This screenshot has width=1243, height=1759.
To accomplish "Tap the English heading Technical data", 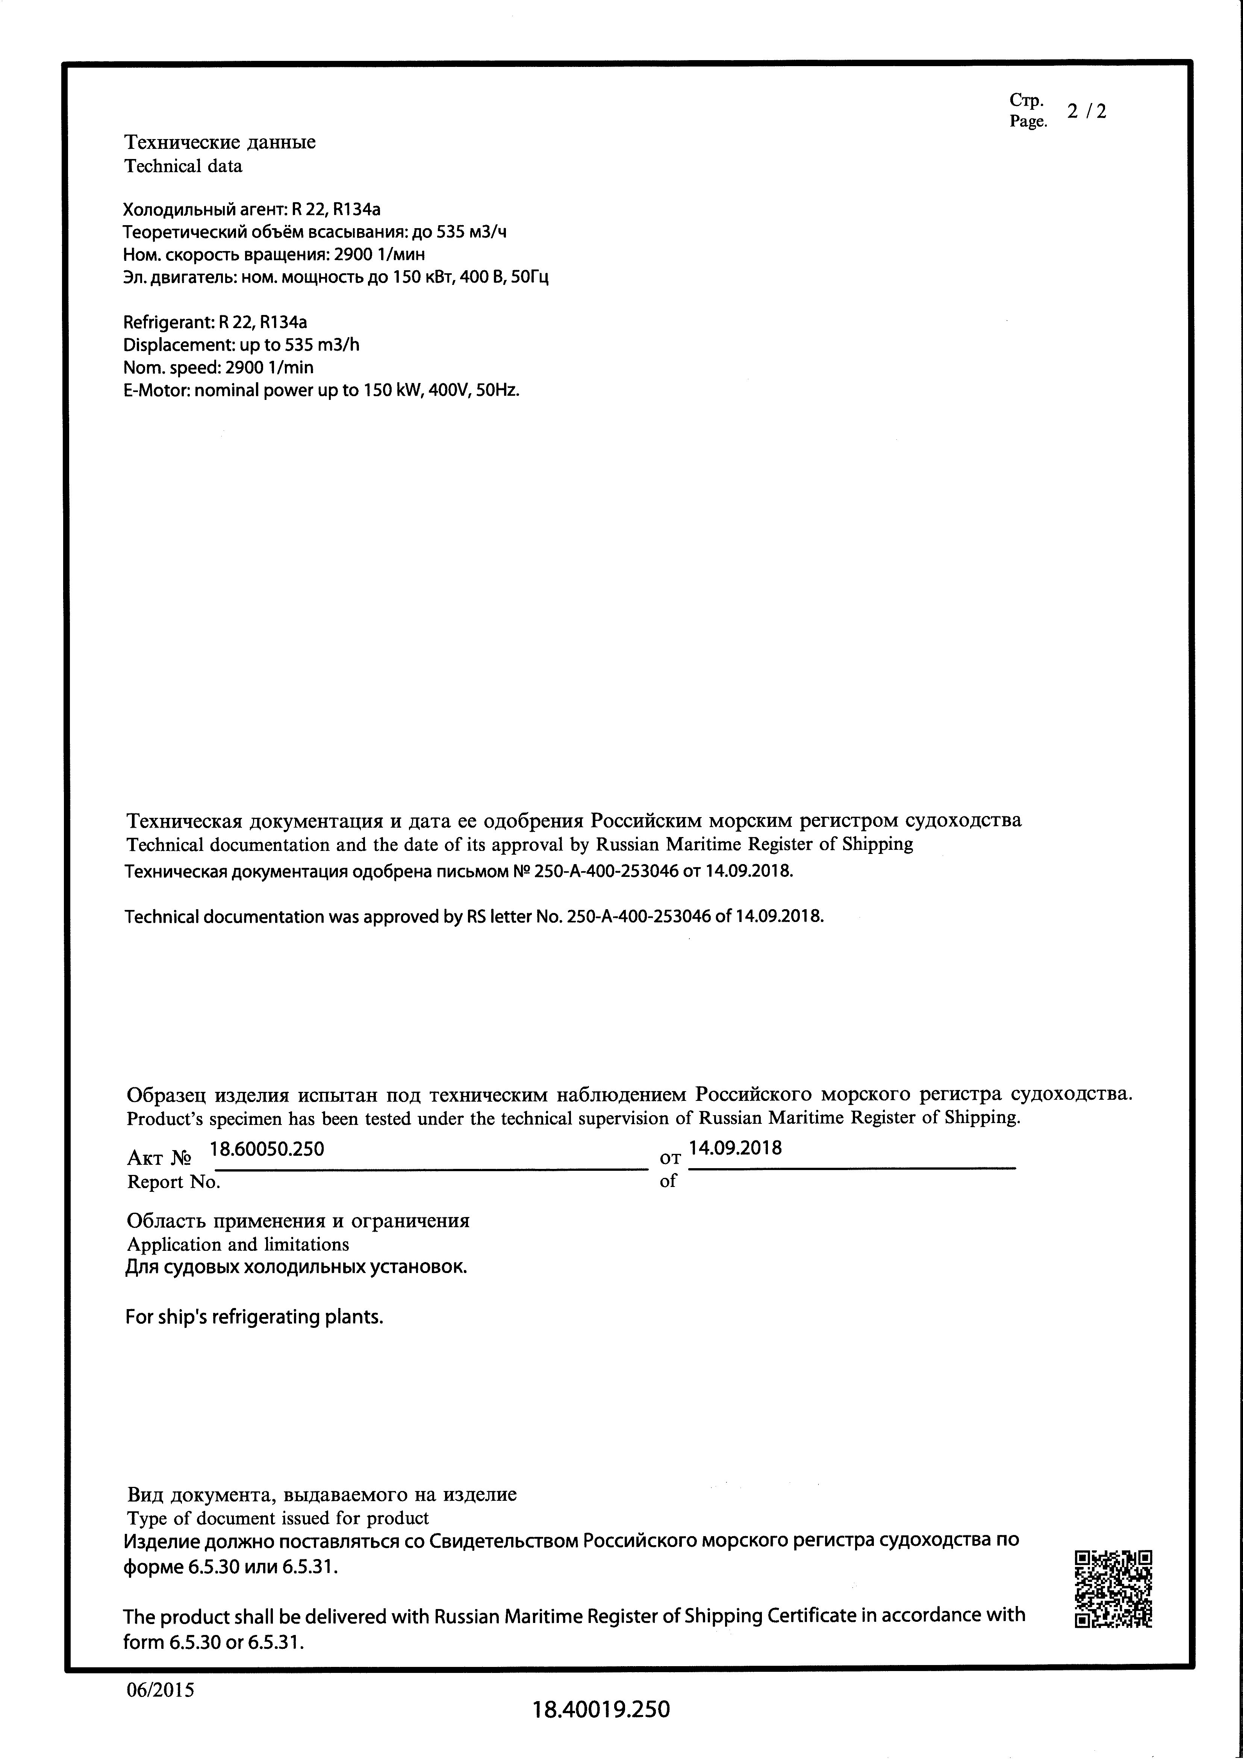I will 183,166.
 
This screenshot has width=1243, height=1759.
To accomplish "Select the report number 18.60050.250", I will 267,1148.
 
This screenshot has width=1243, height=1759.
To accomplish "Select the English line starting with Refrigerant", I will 215,322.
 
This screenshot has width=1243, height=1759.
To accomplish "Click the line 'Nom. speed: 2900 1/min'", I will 218,368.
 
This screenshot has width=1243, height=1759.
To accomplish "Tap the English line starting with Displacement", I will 241,345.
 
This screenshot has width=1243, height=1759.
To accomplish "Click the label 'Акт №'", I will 159,1158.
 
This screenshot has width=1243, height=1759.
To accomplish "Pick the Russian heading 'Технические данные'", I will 220,142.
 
